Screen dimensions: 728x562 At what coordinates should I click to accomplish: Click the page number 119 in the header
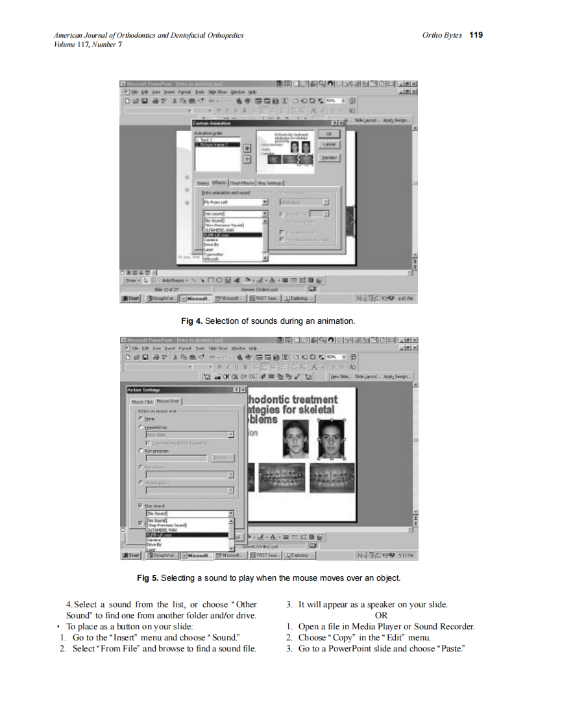pyautogui.click(x=476, y=35)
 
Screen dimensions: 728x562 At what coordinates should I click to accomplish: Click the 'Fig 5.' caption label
pyautogui.click(x=147, y=577)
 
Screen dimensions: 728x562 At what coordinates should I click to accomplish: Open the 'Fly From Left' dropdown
pyautogui.click(x=265, y=202)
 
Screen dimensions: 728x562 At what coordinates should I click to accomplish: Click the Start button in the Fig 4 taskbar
pyautogui.click(x=132, y=298)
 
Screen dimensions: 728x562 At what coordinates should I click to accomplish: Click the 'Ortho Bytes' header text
pyautogui.click(x=442, y=35)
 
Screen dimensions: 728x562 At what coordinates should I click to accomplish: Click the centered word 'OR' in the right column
pyautogui.click(x=381, y=616)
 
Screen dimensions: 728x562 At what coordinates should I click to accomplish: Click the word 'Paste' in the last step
pyautogui.click(x=454, y=649)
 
